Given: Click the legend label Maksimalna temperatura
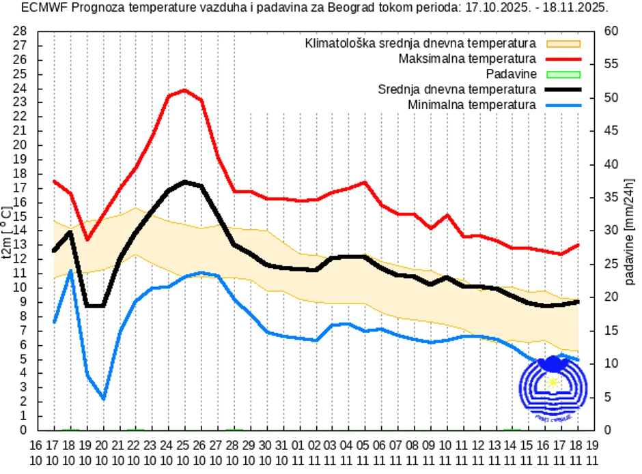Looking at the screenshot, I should click(467, 59).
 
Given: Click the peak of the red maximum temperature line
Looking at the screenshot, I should click(184, 90).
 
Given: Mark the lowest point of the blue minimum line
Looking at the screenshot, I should click(103, 398).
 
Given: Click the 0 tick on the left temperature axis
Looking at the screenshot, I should click(23, 430).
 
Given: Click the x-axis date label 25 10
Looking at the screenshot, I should click(184, 451).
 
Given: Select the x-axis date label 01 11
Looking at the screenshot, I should click(298, 451).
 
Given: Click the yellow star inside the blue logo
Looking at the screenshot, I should click(552, 382).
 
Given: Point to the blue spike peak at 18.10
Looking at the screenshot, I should click(70, 271).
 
